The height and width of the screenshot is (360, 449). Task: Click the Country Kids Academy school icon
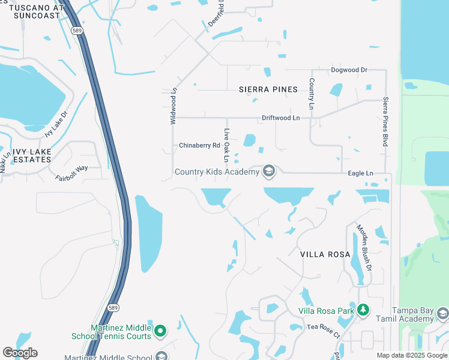click(x=268, y=172)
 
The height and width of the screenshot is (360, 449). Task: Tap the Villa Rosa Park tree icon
click(x=362, y=310)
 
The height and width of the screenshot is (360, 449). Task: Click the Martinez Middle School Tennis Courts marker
click(x=160, y=331)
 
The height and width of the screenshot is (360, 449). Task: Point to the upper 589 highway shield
click(x=76, y=31)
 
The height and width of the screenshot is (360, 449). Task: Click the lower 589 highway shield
click(x=113, y=308)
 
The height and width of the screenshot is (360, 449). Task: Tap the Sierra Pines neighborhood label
click(x=268, y=89)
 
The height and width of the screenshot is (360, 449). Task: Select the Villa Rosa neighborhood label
click(x=325, y=254)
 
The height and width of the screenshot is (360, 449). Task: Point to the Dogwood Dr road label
click(x=349, y=70)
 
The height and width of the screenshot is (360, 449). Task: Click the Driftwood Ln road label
click(x=280, y=118)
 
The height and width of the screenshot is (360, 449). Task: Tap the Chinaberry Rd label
click(x=200, y=145)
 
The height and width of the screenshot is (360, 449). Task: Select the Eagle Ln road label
click(x=361, y=173)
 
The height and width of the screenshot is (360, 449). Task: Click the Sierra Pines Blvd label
click(x=385, y=122)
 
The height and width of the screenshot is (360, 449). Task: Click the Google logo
click(x=20, y=352)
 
